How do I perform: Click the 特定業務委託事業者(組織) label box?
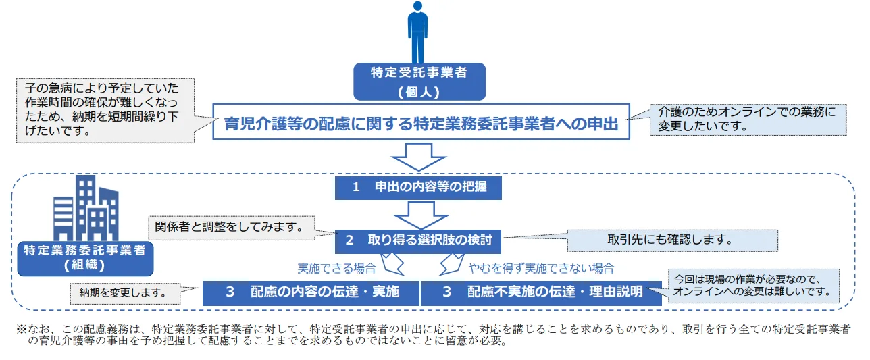point(86,258)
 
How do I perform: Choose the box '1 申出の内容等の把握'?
point(419,188)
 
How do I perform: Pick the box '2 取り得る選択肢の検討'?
point(419,240)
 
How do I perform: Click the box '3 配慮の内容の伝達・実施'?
point(311,292)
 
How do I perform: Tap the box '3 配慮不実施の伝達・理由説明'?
point(541,292)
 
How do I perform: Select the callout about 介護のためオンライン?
point(746,119)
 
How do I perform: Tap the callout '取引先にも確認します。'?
point(671,240)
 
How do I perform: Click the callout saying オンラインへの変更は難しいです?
point(753,286)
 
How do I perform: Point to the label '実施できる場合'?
point(337,268)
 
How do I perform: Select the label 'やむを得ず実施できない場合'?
point(541,268)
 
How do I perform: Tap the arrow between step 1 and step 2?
point(419,214)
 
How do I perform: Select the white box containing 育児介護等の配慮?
point(421,122)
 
